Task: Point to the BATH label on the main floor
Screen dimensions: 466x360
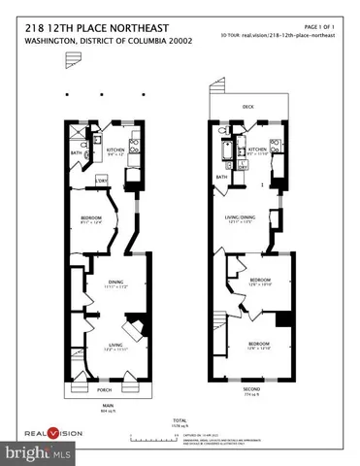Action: (x=76, y=152)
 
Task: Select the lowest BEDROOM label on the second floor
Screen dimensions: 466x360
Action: (x=257, y=344)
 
